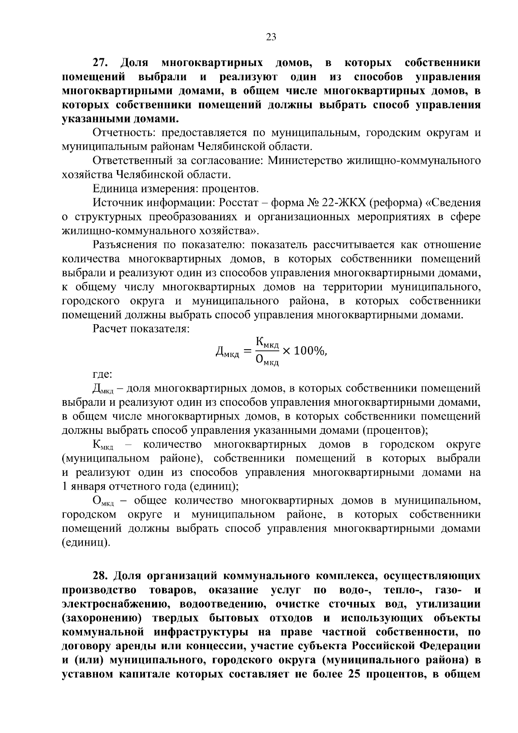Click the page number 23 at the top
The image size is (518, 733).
click(271, 37)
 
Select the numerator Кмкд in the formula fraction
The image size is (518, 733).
click(267, 343)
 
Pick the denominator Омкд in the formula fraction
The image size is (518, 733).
click(267, 360)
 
